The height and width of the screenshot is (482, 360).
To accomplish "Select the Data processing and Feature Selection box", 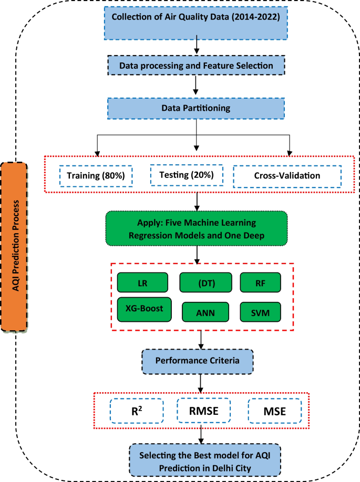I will pos(196,66).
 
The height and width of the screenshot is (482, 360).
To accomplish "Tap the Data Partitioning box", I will pos(196,109).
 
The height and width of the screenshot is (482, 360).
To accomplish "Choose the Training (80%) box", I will pos(96,176).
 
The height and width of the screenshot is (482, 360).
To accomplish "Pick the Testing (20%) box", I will pos(186,175).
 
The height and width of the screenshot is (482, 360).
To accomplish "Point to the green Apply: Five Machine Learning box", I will pos(197,229).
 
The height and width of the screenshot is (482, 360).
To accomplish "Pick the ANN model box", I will pos(205,312).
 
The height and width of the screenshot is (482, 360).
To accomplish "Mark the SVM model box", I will pos(261,312).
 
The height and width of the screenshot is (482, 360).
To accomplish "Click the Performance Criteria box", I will pos(197,361).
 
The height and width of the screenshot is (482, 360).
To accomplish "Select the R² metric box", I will pos(137,411).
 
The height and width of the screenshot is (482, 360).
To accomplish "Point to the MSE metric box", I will pos(274,411).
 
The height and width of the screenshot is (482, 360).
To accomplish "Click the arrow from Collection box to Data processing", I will pos(196,47).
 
